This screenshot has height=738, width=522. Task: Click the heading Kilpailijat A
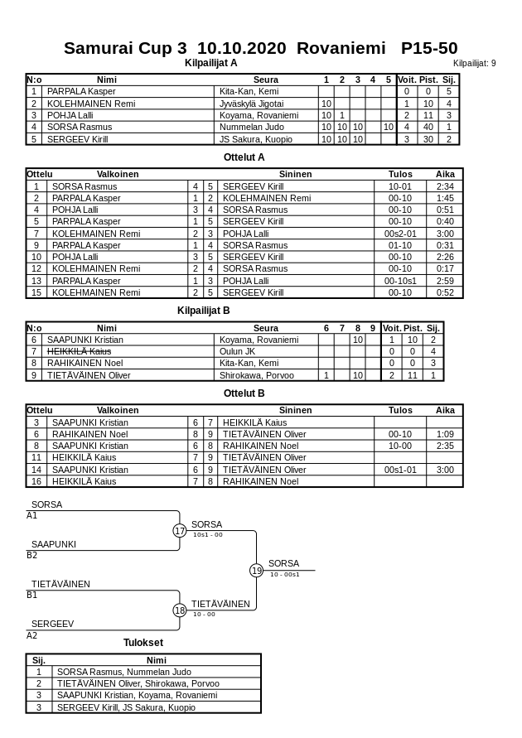pos(211,62)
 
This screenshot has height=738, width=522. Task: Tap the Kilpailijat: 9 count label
pos(475,63)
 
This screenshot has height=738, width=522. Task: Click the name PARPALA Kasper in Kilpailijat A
pos(81,91)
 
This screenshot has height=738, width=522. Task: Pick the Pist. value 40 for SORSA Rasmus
pos(428,127)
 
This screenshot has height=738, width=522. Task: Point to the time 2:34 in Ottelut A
pos(445,186)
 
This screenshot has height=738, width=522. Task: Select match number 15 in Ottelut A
pos(36,292)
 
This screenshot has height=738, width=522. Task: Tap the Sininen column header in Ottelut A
pos(295,174)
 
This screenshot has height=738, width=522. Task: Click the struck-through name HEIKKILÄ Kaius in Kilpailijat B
pos(80,351)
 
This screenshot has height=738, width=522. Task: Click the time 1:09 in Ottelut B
pos(445,434)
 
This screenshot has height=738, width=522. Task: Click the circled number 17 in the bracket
pos(180,531)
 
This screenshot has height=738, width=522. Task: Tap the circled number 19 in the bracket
pos(256,570)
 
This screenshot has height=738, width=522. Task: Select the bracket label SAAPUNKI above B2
pos(54,544)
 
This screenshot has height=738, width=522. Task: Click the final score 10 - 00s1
pos(285,574)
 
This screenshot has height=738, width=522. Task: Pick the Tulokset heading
pos(143,642)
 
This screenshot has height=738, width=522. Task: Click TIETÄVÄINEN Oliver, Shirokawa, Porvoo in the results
pos(138,683)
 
